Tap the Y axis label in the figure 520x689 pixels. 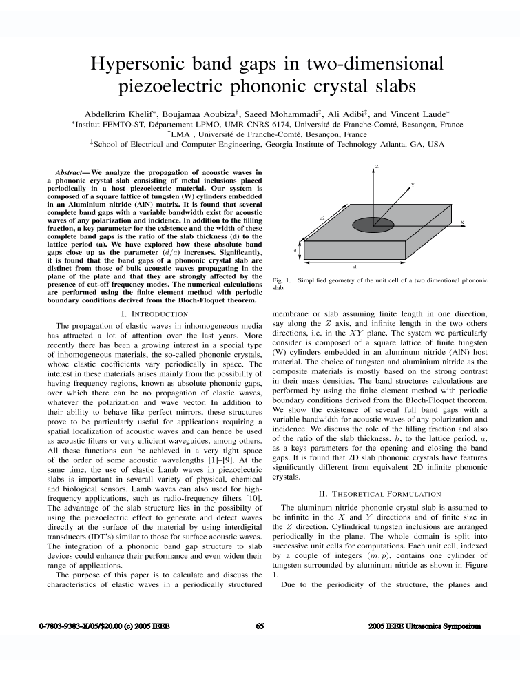coord(412,185)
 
